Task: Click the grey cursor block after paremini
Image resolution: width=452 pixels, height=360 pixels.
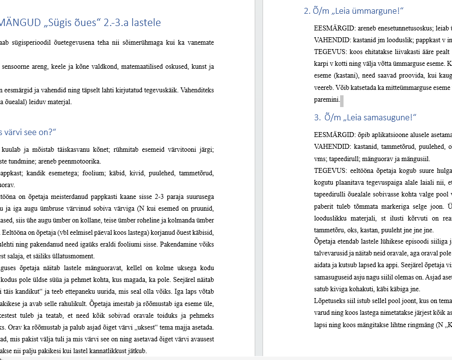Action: coord(342,100)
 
